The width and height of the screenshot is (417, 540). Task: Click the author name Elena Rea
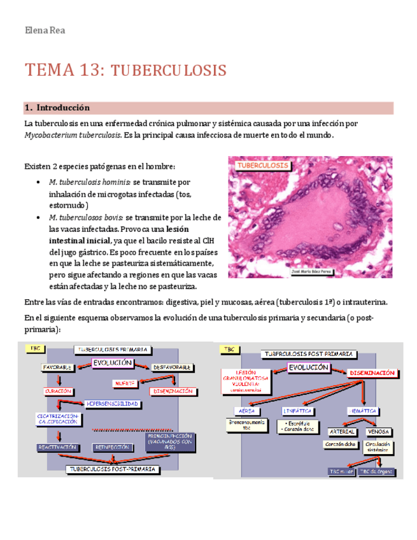pyautogui.click(x=44, y=31)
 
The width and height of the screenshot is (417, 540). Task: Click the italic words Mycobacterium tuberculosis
pyautogui.click(x=73, y=135)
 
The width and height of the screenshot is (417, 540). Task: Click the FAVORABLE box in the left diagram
pyautogui.click(x=57, y=367)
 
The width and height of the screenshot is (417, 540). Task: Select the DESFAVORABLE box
pyautogui.click(x=173, y=367)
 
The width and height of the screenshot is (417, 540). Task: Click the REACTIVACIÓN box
pyautogui.click(x=58, y=447)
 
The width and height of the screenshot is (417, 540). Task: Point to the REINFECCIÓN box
pyautogui.click(x=112, y=447)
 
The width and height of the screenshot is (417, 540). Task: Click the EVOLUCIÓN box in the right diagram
pyautogui.click(x=309, y=368)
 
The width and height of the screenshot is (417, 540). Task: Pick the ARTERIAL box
pyautogui.click(x=343, y=432)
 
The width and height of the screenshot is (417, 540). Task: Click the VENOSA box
pyautogui.click(x=378, y=432)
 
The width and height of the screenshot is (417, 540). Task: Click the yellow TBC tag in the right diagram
pyautogui.click(x=228, y=349)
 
